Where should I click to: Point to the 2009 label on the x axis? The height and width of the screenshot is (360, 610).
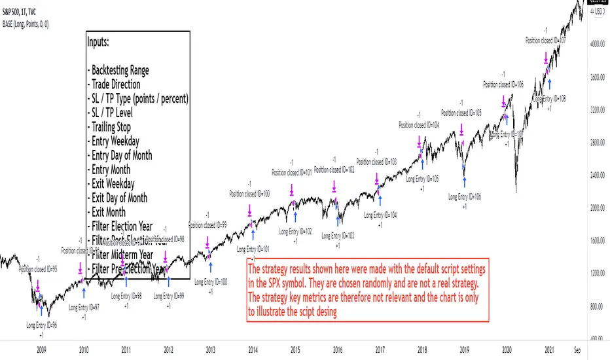point(41,350)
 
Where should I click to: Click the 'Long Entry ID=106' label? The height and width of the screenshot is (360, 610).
point(465,196)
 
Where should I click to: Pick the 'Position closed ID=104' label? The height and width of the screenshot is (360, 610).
point(419,125)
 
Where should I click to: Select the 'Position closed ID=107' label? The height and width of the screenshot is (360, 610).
point(546,40)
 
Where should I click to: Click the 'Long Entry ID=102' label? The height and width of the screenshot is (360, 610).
point(295,231)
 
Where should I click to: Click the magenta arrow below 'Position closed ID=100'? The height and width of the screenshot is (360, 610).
point(250,211)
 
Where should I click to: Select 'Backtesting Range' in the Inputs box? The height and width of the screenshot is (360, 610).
point(120,70)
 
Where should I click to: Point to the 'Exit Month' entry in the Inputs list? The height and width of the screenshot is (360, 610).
point(109,212)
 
